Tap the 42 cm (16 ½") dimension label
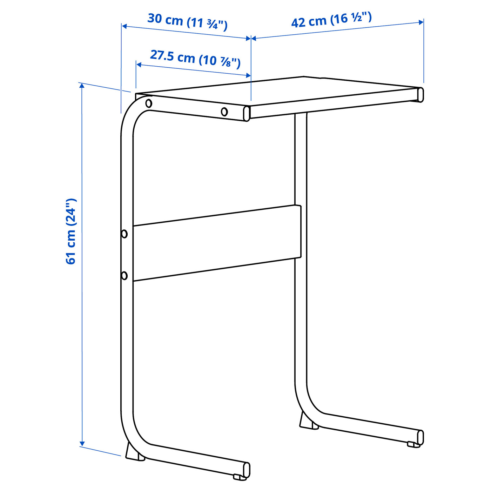(x=331, y=20)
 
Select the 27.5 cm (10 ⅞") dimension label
(x=195, y=59)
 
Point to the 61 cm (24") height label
(x=71, y=231)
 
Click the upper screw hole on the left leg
(x=124, y=234)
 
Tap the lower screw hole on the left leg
(x=124, y=275)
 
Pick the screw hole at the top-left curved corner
(x=149, y=103)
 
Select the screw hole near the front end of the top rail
(x=224, y=111)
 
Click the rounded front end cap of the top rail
(x=247, y=113)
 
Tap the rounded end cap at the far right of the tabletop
(x=420, y=95)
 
